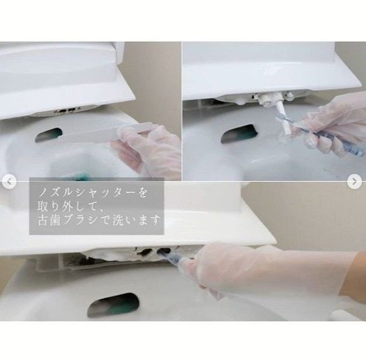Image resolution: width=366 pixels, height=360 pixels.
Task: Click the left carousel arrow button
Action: pos(9,181)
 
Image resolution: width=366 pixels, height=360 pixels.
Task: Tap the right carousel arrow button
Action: pos(354,181)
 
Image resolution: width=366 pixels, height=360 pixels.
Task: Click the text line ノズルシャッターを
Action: pos(93,193)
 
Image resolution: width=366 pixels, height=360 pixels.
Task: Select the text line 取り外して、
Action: pos(71,206)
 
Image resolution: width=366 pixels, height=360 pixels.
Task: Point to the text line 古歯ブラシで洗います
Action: pos(99,220)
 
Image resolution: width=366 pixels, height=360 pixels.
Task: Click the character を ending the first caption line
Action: pos(142,193)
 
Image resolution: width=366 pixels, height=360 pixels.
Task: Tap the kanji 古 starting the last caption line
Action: pos(43,220)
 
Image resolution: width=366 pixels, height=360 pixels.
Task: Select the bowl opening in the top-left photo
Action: pos(49,135)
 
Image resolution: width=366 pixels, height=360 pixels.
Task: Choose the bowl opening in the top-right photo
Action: pos(239,134)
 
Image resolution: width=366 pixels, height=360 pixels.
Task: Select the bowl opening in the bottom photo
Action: pos(114,305)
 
